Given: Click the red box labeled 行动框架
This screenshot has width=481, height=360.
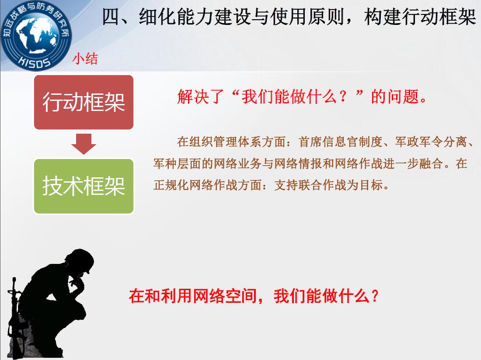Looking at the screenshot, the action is pyautogui.click(x=84, y=102).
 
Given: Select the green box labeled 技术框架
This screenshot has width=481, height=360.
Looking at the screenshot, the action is pyautogui.click(x=84, y=186).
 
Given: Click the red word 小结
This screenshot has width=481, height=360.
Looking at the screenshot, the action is pyautogui.click(x=85, y=59).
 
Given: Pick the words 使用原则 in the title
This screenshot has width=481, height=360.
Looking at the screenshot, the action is pyautogui.click(x=307, y=17).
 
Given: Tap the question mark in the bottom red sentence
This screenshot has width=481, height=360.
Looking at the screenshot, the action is pyautogui.click(x=375, y=296).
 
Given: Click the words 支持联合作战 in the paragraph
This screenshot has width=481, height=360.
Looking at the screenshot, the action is pyautogui.click(x=310, y=185).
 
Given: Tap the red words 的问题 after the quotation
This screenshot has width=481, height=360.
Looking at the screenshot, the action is pyautogui.click(x=395, y=97).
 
